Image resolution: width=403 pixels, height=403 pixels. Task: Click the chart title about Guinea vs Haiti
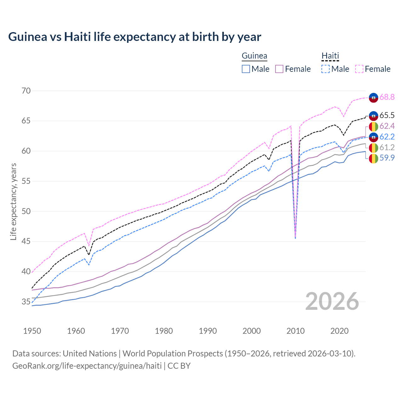pyautogui.click(x=134, y=37)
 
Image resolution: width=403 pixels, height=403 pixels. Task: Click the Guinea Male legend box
pyautogui.click(x=246, y=69)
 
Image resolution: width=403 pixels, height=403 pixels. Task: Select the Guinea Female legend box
pyautogui.click(x=279, y=69)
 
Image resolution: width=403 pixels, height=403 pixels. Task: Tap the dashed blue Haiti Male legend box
pyautogui.click(x=326, y=69)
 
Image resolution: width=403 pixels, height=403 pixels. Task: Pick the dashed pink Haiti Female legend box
pyautogui.click(x=359, y=69)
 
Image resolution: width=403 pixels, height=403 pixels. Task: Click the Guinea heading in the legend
pyautogui.click(x=254, y=56)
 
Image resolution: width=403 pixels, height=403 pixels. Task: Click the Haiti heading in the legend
pyautogui.click(x=330, y=56)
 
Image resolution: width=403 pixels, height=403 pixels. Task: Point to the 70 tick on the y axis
pyautogui.click(x=26, y=91)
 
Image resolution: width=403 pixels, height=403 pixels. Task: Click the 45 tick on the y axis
pyautogui.click(x=26, y=241)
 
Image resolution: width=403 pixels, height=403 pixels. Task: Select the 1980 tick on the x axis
pyautogui.click(x=164, y=331)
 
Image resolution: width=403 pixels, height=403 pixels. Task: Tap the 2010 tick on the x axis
pyautogui.click(x=295, y=331)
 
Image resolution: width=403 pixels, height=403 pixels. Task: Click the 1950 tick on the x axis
pyautogui.click(x=32, y=331)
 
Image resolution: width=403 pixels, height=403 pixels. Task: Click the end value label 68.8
pyautogui.click(x=387, y=97)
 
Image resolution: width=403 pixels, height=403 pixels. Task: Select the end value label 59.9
pyautogui.click(x=387, y=158)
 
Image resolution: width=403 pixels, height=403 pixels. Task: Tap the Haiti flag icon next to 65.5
pyautogui.click(x=373, y=116)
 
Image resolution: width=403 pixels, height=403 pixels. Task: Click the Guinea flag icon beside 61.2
pyautogui.click(x=373, y=148)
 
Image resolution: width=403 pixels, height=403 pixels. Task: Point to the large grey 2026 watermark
pyautogui.click(x=332, y=301)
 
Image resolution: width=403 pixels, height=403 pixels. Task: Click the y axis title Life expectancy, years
pyautogui.click(x=13, y=201)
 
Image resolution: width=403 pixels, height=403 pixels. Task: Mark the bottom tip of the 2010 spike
pyautogui.click(x=295, y=238)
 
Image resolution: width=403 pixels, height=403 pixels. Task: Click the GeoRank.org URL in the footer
pyautogui.click(x=87, y=366)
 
